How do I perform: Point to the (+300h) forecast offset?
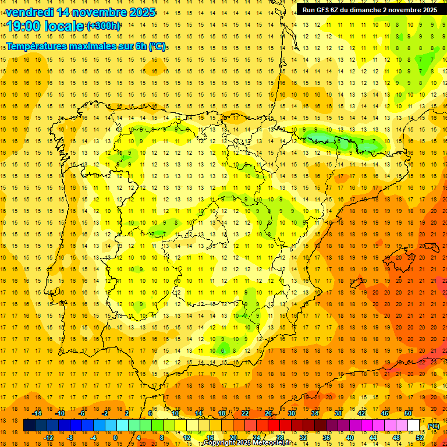(104, 26)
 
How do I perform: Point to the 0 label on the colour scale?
(115, 438)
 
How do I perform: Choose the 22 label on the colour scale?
(245, 413)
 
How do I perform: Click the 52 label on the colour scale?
(420, 438)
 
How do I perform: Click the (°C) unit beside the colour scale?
(434, 426)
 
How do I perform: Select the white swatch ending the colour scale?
(414, 425)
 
